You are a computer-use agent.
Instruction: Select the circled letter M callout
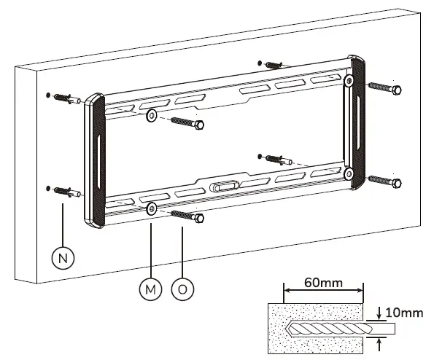150,288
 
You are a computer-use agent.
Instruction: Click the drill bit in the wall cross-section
328,329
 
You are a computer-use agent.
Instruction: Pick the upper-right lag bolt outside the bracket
385,89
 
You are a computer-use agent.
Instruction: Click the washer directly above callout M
151,209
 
